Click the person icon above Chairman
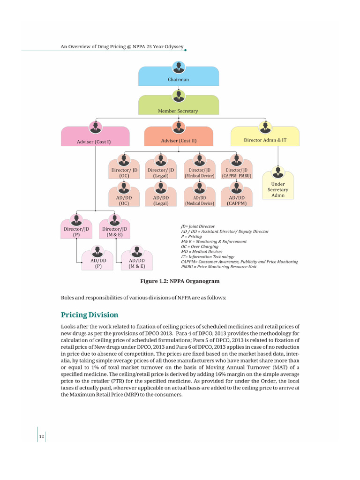click(178, 67)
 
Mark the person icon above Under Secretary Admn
click(278, 171)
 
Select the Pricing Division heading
click(90, 315)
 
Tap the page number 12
click(41, 437)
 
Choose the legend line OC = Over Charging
click(200, 247)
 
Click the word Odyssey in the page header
click(172, 46)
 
